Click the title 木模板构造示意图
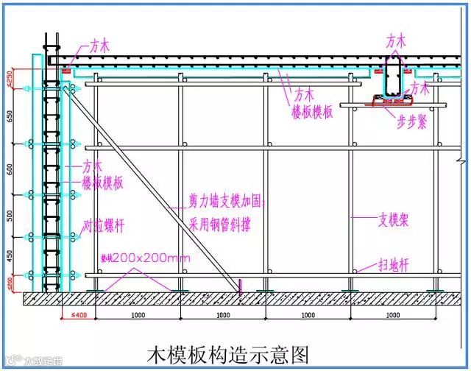click(227, 353)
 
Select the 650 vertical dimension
click(10, 116)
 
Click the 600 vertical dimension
click(10, 169)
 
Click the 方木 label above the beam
click(397, 41)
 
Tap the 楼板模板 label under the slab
click(312, 111)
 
